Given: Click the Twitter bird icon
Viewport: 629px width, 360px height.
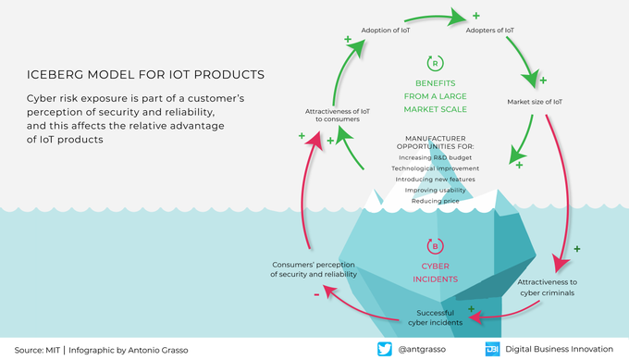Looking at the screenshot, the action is pos(384,349).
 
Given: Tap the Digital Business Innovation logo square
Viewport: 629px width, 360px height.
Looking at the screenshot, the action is pos(492,349).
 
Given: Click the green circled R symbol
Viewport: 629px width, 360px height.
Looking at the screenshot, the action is pos(436,63).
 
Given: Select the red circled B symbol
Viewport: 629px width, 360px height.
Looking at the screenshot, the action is pos(436,246).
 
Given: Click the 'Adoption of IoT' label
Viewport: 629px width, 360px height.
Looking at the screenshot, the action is pos(386,31).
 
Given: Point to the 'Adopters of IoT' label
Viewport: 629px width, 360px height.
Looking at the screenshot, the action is pos(490,31).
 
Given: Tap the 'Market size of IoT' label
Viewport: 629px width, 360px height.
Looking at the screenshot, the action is pos(535,102).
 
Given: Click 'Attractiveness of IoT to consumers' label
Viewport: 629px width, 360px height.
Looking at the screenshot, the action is pos(338,115).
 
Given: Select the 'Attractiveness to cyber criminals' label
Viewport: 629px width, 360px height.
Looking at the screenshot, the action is pos(548,288).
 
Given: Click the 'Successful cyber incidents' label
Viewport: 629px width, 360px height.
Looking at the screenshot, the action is pos(436,317).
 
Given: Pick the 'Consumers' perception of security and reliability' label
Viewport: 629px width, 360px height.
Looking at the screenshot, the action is pos(314,269).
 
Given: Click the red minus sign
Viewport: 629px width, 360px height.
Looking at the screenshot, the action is pos(316,295).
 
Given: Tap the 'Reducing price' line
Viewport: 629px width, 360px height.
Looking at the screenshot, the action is pos(436,201).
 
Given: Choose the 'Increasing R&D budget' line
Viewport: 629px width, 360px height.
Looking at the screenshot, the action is pos(436,157).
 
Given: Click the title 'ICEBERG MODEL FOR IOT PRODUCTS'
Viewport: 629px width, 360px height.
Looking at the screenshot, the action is pos(145,75).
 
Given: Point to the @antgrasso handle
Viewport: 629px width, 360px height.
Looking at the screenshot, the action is pos(422,350).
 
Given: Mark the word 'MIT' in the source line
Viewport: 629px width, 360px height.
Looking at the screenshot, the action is pos(53,351).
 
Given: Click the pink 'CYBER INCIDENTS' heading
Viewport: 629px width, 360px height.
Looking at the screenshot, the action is pos(436,272).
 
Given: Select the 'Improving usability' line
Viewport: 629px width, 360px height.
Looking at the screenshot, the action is pos(436,191).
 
